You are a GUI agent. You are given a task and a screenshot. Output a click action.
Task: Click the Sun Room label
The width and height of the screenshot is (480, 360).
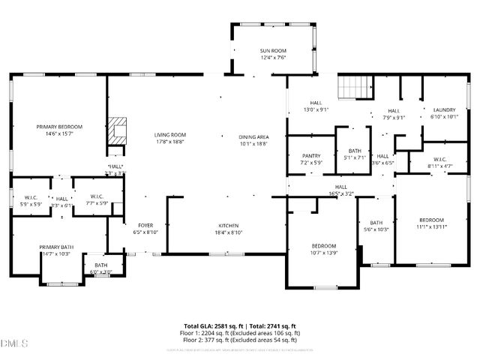[273, 51]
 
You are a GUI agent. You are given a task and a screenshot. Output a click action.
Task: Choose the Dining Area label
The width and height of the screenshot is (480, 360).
[253, 136]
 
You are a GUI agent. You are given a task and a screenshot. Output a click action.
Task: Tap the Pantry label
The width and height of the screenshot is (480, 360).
[311, 156]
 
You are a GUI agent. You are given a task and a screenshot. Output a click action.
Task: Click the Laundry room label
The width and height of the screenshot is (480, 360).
[443, 110]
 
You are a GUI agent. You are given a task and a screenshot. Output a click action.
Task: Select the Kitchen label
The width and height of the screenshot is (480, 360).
[229, 226]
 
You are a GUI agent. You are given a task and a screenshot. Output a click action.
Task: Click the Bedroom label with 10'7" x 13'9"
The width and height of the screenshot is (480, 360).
[324, 246]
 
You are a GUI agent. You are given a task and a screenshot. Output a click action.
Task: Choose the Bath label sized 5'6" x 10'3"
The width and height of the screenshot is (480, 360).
[376, 223]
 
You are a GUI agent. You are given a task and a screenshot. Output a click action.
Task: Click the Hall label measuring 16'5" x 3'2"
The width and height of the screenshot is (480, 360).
[340, 187]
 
